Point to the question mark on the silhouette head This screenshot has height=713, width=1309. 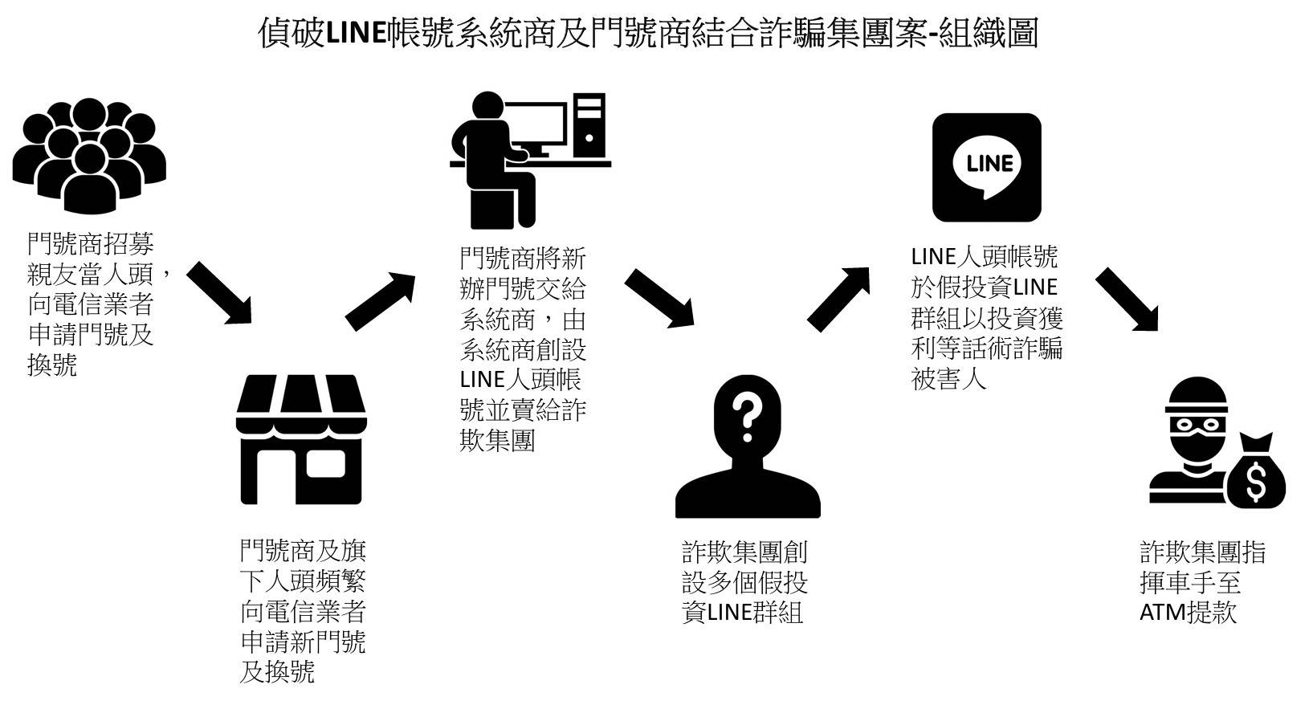click(747, 420)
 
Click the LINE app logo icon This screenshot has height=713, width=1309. click(986, 167)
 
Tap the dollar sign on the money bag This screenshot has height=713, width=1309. click(1254, 481)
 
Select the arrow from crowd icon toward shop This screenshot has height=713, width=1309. click(219, 292)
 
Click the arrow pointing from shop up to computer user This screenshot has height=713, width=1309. click(380, 301)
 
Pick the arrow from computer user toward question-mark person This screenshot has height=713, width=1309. click(659, 297)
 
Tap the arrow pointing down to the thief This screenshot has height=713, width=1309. click(1128, 299)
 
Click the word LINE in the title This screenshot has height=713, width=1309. click(356, 34)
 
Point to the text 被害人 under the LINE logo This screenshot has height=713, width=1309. click(948, 378)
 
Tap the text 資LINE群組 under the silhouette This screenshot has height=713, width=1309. click(742, 613)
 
